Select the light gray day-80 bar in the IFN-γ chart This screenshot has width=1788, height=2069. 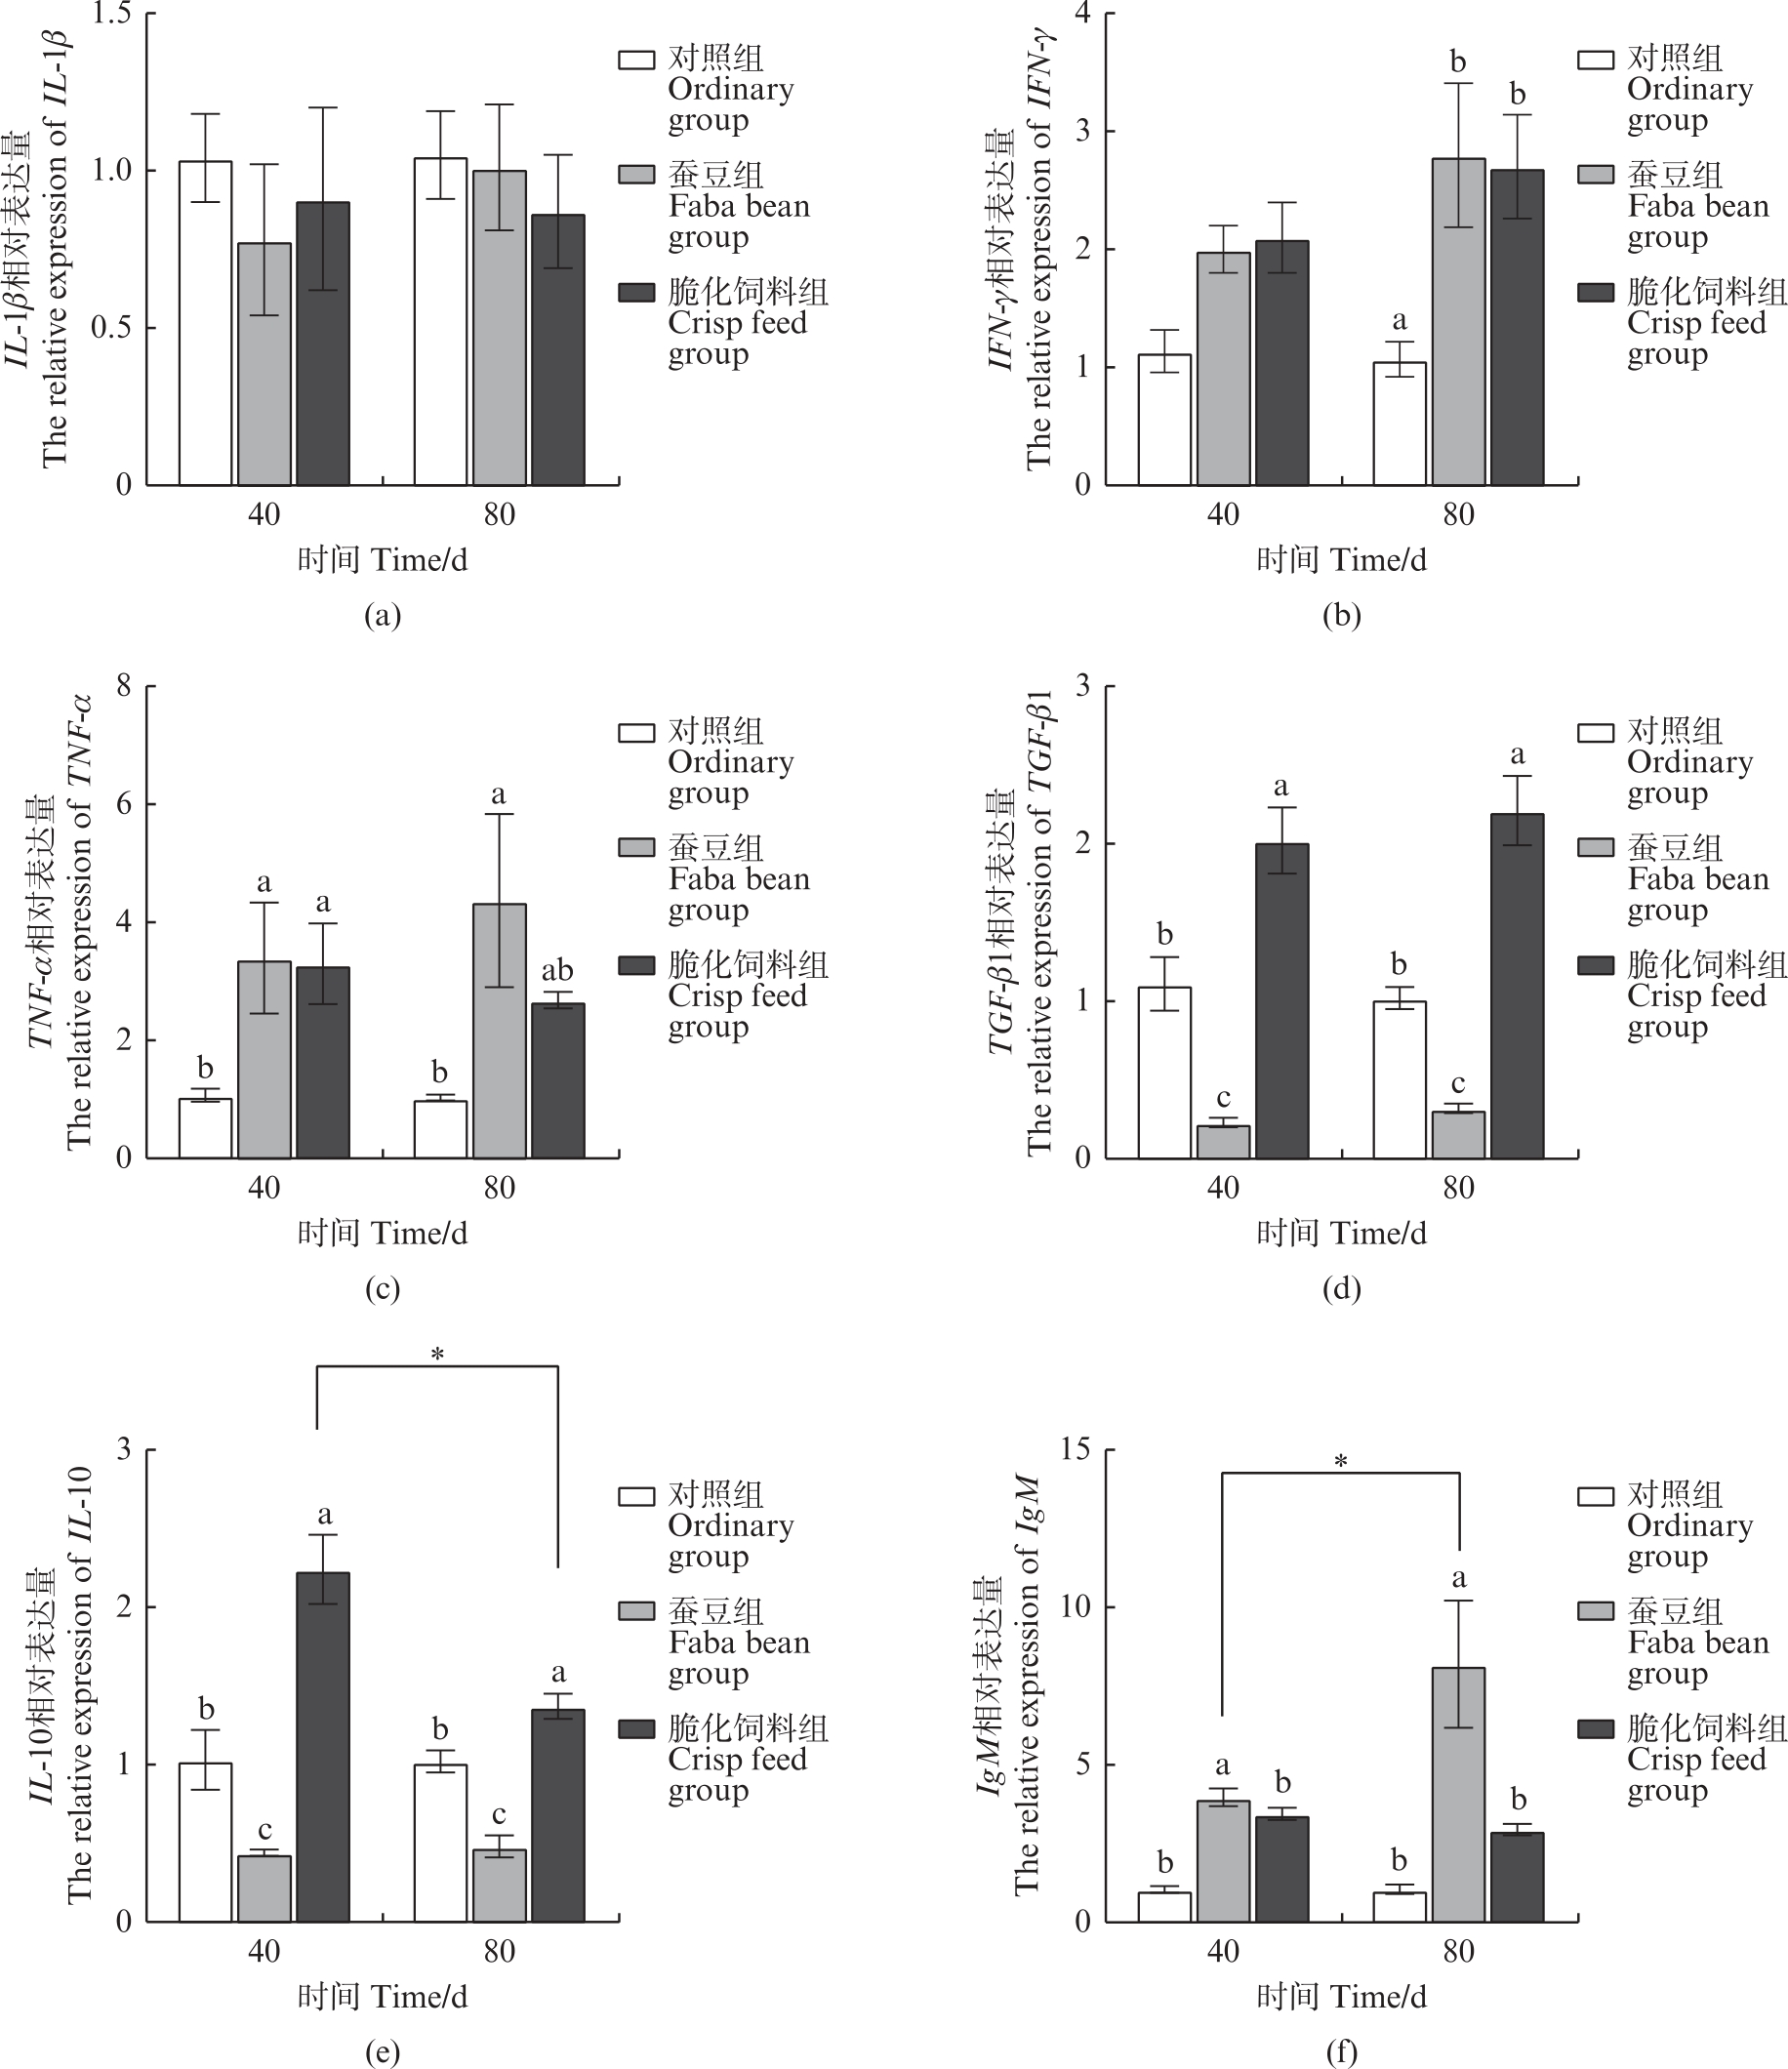(1457, 321)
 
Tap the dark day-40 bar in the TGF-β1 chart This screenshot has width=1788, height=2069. (1281, 1000)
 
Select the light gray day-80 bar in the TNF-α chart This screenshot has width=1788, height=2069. (499, 1031)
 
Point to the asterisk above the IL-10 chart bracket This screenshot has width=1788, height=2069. (437, 1355)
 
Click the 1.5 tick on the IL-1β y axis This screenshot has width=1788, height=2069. (112, 14)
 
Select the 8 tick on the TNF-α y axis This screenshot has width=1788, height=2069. (124, 686)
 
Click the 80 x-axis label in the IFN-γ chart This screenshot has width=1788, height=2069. (1457, 515)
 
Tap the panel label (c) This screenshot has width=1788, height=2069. (383, 1288)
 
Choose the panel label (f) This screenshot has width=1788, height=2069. (1341, 2052)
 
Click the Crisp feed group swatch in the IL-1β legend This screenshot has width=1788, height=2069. (636, 293)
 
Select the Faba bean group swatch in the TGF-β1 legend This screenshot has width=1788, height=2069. (1596, 848)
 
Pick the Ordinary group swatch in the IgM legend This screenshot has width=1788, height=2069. (1596, 1496)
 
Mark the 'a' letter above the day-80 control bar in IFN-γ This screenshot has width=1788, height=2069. (1399, 320)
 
